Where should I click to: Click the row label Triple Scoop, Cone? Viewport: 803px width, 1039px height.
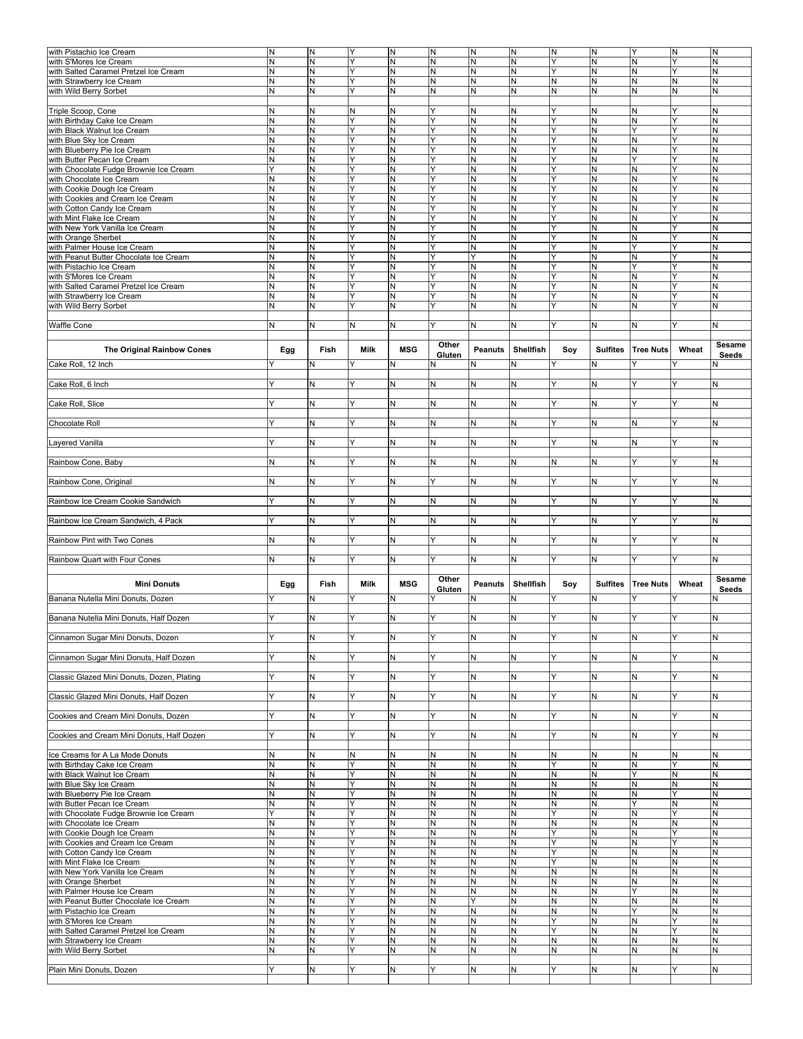click(x=82, y=111)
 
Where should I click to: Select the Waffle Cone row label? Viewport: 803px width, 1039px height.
click(x=70, y=325)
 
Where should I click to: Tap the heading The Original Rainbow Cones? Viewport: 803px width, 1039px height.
click(x=157, y=350)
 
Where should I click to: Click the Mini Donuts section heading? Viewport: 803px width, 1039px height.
click(x=157, y=584)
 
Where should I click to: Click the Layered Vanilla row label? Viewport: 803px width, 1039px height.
click(x=76, y=443)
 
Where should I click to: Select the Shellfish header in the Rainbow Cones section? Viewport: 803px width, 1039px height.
click(x=529, y=350)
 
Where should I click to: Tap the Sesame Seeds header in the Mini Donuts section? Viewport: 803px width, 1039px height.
click(x=730, y=584)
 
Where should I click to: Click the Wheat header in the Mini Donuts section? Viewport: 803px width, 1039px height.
click(x=690, y=584)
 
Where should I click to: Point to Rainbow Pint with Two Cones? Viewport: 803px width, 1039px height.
click(x=101, y=540)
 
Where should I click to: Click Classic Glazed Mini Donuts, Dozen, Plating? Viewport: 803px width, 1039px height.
click(x=124, y=677)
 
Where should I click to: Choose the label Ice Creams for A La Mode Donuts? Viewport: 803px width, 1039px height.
click(x=108, y=755)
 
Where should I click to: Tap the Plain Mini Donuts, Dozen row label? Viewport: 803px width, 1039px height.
click(x=93, y=970)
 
